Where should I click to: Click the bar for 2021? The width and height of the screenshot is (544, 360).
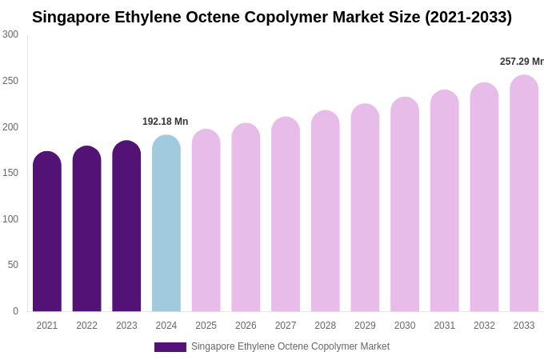tap(47, 232)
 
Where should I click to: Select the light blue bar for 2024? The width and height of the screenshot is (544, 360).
tap(166, 224)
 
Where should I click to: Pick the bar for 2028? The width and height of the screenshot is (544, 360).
tap(326, 211)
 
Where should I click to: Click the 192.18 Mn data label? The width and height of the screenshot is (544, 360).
tap(165, 122)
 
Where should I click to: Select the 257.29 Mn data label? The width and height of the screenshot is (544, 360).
tap(522, 62)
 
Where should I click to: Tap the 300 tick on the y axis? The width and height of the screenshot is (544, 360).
tap(10, 34)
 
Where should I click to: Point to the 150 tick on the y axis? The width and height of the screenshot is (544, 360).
tap(10, 173)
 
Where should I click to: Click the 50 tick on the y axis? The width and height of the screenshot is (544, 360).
tap(13, 265)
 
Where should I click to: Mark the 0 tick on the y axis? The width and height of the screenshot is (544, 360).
tap(15, 311)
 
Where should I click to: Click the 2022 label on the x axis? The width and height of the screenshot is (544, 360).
tap(86, 326)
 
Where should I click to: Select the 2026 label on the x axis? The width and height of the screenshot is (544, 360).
tap(246, 326)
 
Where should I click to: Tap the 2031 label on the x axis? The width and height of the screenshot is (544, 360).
tap(445, 326)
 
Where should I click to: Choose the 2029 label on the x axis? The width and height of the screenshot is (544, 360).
tap(365, 326)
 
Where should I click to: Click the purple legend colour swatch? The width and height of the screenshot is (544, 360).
tap(170, 347)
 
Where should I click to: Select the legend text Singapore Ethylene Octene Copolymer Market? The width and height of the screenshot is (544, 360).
tap(290, 346)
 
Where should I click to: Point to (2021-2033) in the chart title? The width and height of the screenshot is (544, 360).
tap(462, 17)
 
